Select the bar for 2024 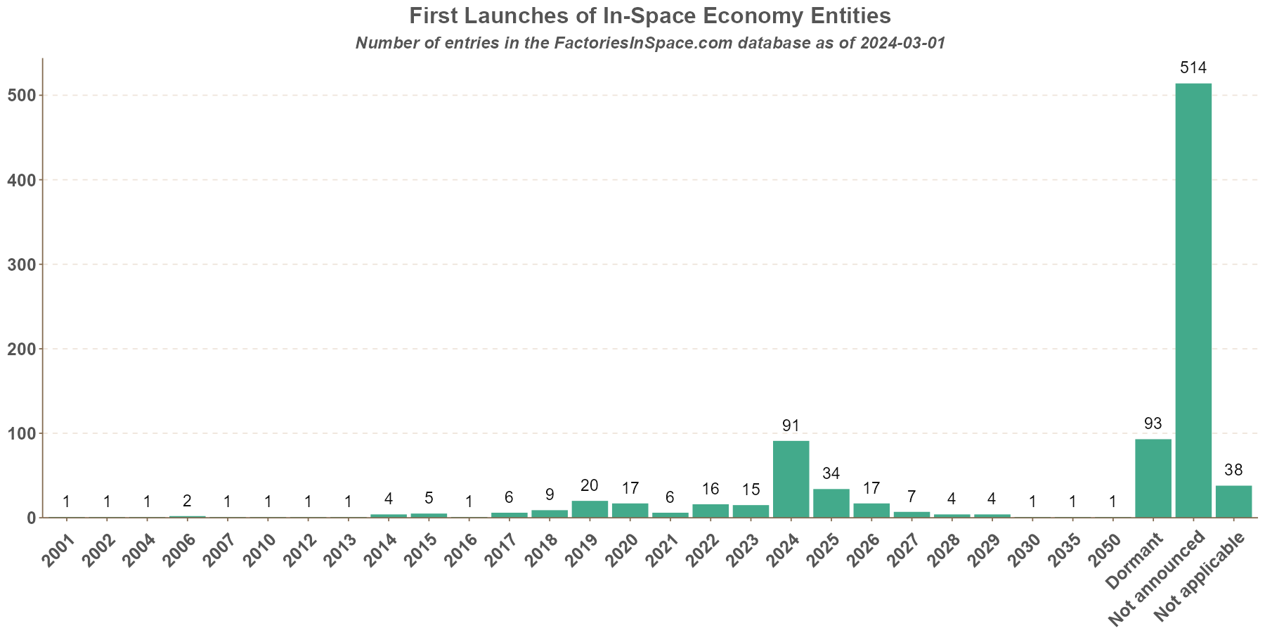coord(791,479)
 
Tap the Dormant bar coord(1153,478)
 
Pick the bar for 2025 coord(831,503)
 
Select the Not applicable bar coord(1233,501)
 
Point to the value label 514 coord(1193,68)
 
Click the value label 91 coord(791,426)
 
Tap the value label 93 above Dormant coord(1153,424)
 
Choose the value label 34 coord(831,473)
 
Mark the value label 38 coord(1233,471)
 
